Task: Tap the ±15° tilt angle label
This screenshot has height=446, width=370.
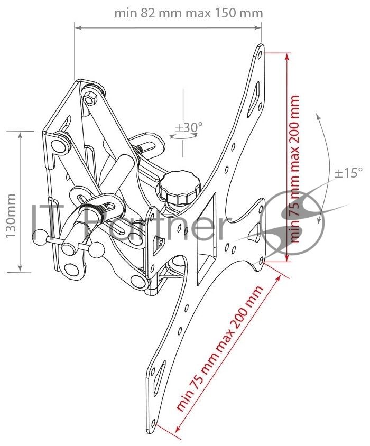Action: click(x=349, y=173)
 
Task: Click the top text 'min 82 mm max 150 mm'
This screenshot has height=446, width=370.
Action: click(x=188, y=13)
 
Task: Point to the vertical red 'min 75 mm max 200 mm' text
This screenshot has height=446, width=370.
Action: click(x=294, y=169)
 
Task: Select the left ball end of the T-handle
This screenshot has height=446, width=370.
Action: click(x=39, y=238)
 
